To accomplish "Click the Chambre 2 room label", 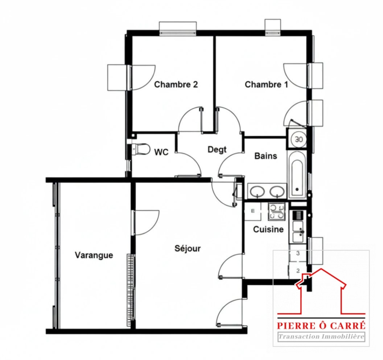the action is (176, 85).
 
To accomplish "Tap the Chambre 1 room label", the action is (266, 85).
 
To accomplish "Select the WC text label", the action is (162, 152).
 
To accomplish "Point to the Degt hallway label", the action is (217, 150).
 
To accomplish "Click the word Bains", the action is (266, 156).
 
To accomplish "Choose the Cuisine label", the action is (268, 229).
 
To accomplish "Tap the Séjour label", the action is (188, 248).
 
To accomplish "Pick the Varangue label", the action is (94, 255).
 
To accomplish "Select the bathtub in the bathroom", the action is (297, 174).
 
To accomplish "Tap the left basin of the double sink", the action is (257, 191).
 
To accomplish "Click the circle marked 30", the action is (299, 140).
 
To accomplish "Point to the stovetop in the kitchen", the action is (277, 211).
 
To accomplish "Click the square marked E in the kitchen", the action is (253, 211).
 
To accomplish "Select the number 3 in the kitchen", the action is (298, 253).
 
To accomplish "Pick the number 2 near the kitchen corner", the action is (298, 271).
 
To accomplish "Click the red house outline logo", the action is (321, 291).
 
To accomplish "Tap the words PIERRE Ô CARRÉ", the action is (321, 326).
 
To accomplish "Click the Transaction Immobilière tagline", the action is (321, 337).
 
